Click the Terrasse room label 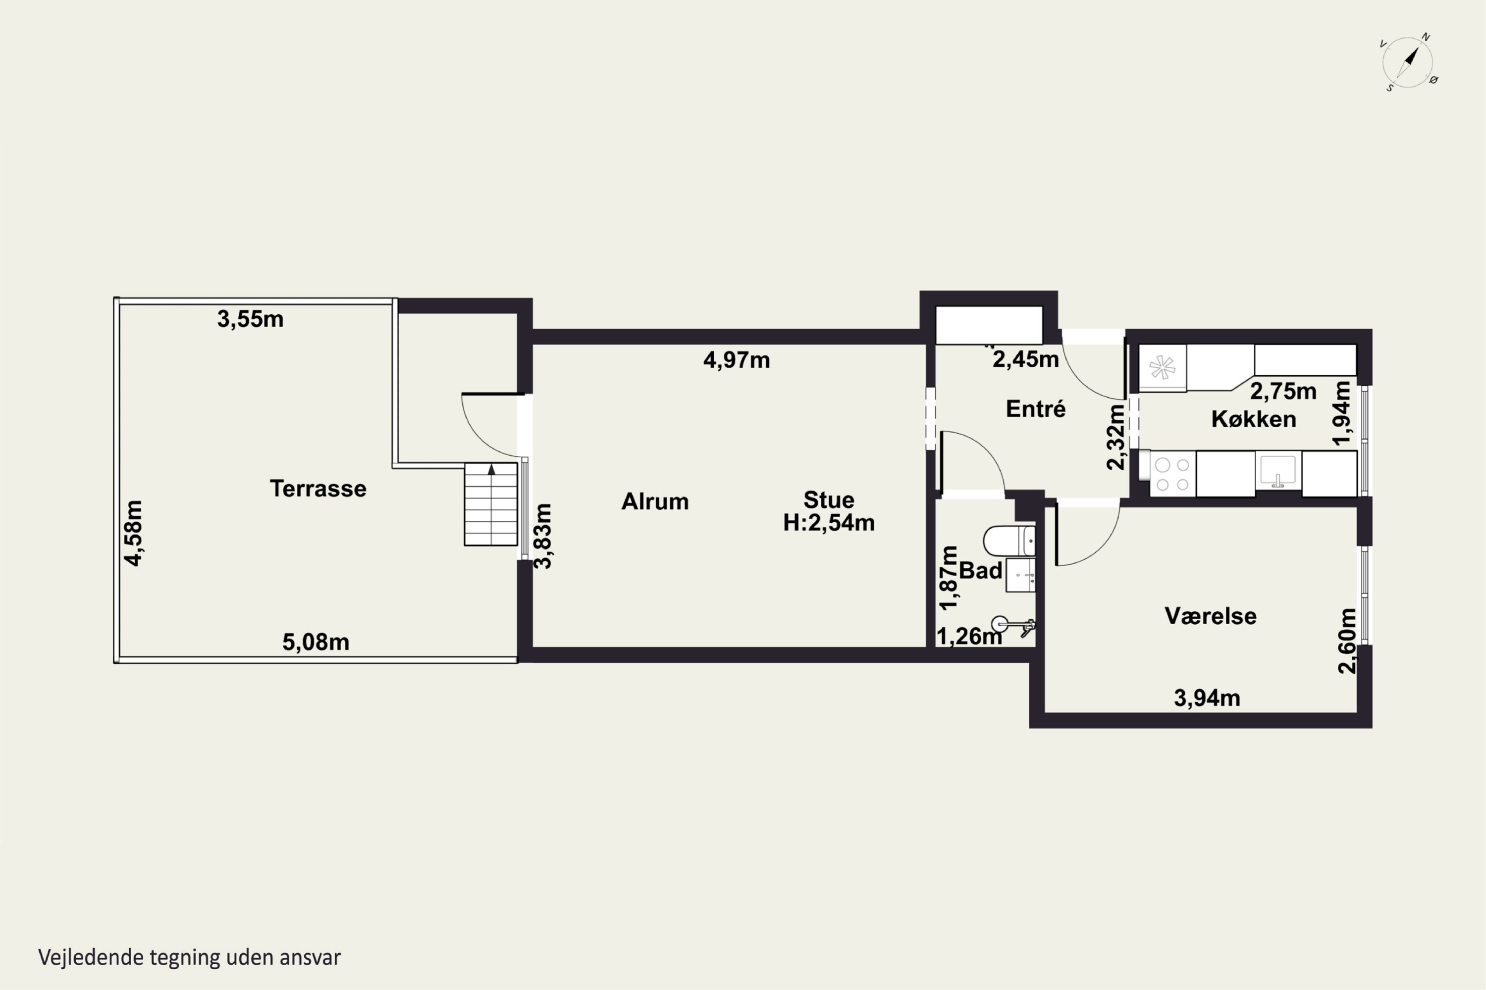pyautogui.click(x=318, y=488)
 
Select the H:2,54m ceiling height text pyautogui.click(x=829, y=523)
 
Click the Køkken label pyautogui.click(x=1254, y=419)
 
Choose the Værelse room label pyautogui.click(x=1211, y=616)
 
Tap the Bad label pyautogui.click(x=981, y=570)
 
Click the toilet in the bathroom pyautogui.click(x=1009, y=541)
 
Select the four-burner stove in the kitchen pyautogui.click(x=1172, y=474)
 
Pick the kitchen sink pyautogui.click(x=1278, y=470)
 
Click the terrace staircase pyautogui.click(x=491, y=504)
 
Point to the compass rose pyautogui.click(x=1408, y=62)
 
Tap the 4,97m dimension pyautogui.click(x=737, y=360)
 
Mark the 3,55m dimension pyautogui.click(x=250, y=319)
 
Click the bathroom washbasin pyautogui.click(x=1020, y=575)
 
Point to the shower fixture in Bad pyautogui.click(x=1013, y=626)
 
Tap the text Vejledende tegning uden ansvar pyautogui.click(x=190, y=957)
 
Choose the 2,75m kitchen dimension pyautogui.click(x=1283, y=392)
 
